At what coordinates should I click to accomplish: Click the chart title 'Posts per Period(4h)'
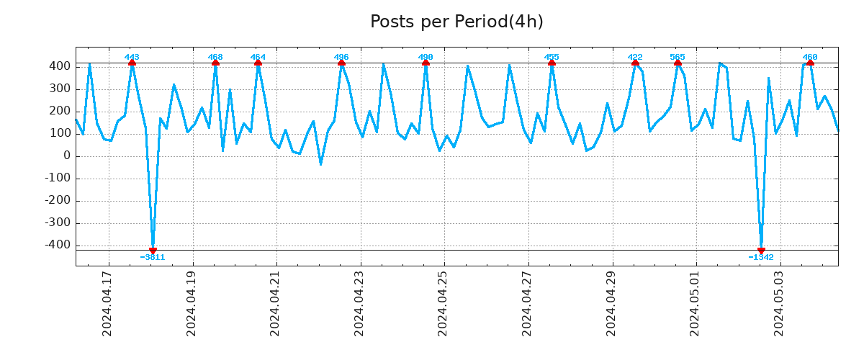tap(456, 22)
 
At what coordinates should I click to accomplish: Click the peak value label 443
tap(132, 57)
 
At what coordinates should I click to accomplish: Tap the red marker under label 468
tap(215, 63)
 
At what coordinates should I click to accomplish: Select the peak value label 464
tap(258, 57)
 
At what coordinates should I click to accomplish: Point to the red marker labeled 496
tap(341, 63)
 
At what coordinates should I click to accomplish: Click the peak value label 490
tap(426, 57)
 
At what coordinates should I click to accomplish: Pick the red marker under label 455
tap(552, 63)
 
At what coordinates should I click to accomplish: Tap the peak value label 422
tap(635, 57)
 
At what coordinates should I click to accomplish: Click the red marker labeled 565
tap(678, 63)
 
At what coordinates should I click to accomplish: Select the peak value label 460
tap(810, 57)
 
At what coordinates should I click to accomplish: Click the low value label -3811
tap(153, 257)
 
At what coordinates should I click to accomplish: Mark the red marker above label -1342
tap(761, 251)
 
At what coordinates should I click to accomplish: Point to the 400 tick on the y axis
tap(60, 66)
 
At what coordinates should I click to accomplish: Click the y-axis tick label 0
tap(66, 156)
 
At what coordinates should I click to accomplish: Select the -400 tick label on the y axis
tap(58, 246)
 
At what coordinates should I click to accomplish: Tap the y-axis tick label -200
tap(58, 201)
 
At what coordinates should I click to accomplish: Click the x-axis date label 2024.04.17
tap(107, 303)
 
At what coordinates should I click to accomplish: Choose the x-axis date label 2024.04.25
tap(443, 303)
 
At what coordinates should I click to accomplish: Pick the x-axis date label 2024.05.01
tap(695, 303)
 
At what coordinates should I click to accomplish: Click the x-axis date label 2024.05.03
tap(779, 303)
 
